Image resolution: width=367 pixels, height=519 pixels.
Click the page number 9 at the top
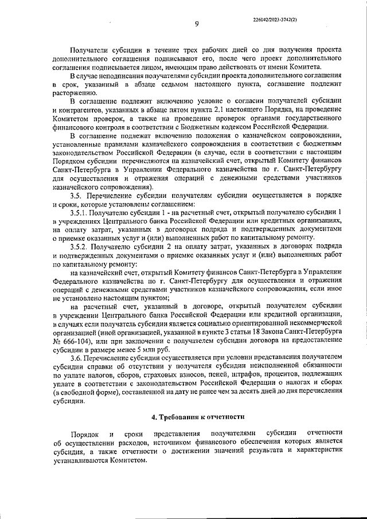(196, 24)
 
